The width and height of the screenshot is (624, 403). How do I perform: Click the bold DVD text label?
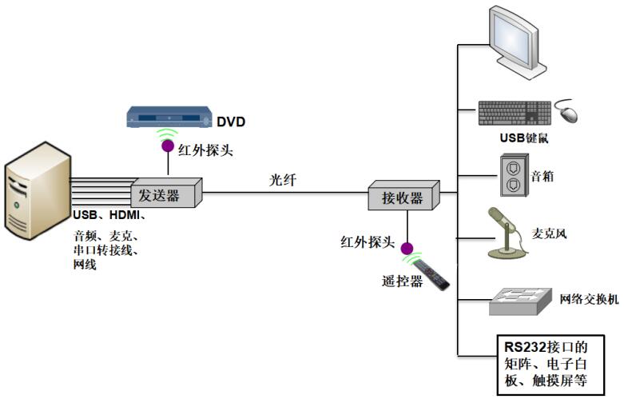pos(231,122)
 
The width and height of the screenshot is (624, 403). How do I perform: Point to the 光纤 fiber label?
pos(282,181)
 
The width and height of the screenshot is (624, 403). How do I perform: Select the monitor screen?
pos(518,42)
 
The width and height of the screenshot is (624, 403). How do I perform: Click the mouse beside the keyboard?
pos(566,112)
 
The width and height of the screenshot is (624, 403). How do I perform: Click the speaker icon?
pos(514,178)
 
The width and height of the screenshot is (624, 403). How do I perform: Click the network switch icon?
pos(519,301)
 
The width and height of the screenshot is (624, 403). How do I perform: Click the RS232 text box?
pos(550,362)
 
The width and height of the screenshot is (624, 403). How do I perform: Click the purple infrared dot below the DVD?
pos(168,146)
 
